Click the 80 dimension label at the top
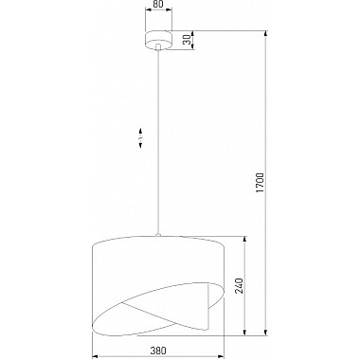tap(159, 4)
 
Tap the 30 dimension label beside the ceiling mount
tap(188, 40)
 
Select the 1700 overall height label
tap(260, 183)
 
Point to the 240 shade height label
tap(239, 285)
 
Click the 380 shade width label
tap(158, 351)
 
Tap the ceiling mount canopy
tap(159, 40)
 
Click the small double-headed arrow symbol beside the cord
tap(140, 137)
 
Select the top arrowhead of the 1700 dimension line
tap(267, 34)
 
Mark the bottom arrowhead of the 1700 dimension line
tap(267, 332)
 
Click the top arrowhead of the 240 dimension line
tap(244, 240)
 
